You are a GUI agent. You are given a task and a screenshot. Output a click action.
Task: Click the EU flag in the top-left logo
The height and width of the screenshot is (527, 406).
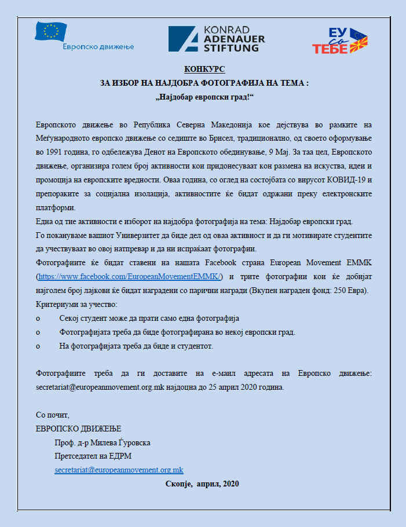coord(51,31)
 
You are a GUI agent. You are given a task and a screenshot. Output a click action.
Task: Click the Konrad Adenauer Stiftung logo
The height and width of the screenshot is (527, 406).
coord(217,39)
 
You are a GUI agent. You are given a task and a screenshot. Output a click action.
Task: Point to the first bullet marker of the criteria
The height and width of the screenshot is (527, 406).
coord(38,319)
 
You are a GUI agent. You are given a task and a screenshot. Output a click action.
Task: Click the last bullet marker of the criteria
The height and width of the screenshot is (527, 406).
coord(38,346)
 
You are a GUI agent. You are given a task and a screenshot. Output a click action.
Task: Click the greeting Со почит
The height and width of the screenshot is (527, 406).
coord(52,415)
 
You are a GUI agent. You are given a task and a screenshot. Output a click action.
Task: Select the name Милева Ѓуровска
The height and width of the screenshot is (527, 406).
coord(122,442)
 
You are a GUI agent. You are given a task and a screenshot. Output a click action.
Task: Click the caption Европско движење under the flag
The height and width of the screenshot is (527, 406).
coord(97,46)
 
